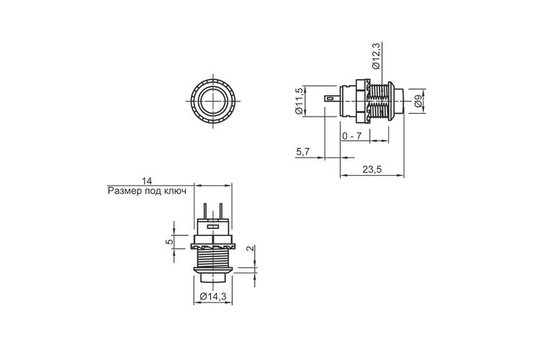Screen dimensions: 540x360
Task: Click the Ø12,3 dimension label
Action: pos(376,56)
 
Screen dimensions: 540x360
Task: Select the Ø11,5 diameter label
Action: pos(299,101)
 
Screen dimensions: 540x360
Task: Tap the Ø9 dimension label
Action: pos(418,102)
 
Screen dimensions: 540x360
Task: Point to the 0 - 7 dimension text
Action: pos(352,136)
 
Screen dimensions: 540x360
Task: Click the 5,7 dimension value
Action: pos(303,152)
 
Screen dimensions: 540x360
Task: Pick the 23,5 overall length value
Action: pos(372,169)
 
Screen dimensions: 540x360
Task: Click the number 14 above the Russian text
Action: pos(147,181)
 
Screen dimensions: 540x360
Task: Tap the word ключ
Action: pos(174,191)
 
